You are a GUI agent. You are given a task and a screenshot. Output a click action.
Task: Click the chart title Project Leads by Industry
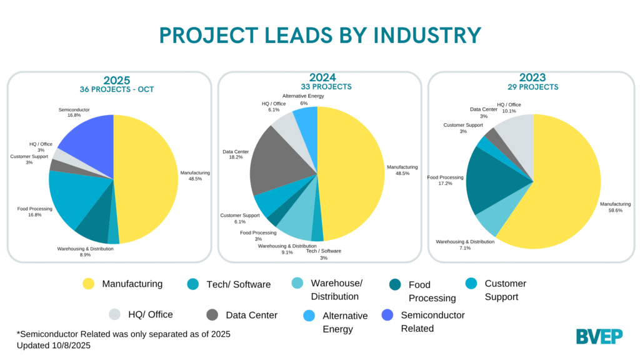320,35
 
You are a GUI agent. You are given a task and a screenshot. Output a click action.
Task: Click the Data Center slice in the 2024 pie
275,162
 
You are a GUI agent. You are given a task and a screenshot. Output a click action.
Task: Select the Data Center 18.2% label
236,155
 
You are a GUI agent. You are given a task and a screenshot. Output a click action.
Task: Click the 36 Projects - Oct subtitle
117,89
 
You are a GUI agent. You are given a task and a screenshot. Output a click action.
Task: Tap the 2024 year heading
319,77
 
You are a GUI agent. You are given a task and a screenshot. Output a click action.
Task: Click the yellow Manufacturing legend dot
89,284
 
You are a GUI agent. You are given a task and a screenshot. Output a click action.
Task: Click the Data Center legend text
252,315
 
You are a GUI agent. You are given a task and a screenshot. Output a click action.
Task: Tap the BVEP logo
599,336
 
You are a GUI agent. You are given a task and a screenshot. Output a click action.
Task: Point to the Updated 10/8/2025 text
57,345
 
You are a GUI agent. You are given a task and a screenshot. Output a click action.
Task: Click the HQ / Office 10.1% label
509,108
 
